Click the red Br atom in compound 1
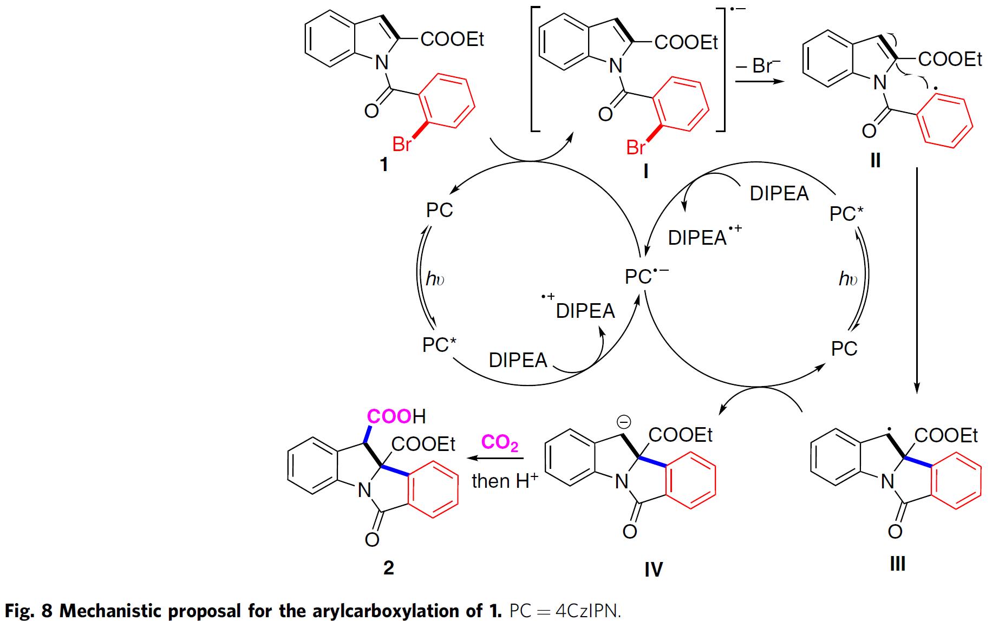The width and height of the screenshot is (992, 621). (x=401, y=145)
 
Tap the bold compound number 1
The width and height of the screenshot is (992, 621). (x=384, y=164)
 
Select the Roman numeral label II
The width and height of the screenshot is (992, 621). (x=875, y=160)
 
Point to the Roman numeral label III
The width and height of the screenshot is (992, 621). (x=897, y=564)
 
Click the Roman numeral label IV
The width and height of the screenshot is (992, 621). (x=654, y=569)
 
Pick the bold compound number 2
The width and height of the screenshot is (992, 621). (x=388, y=567)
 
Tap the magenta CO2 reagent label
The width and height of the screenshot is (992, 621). (x=499, y=442)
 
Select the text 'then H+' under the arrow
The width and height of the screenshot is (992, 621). (x=504, y=481)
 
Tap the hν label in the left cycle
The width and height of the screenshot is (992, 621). (x=435, y=279)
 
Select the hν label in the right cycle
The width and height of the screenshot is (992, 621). (x=848, y=279)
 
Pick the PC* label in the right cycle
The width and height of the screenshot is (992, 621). (x=846, y=214)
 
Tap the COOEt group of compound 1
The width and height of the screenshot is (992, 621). (x=452, y=39)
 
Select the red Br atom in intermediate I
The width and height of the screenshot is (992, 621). (x=635, y=147)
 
